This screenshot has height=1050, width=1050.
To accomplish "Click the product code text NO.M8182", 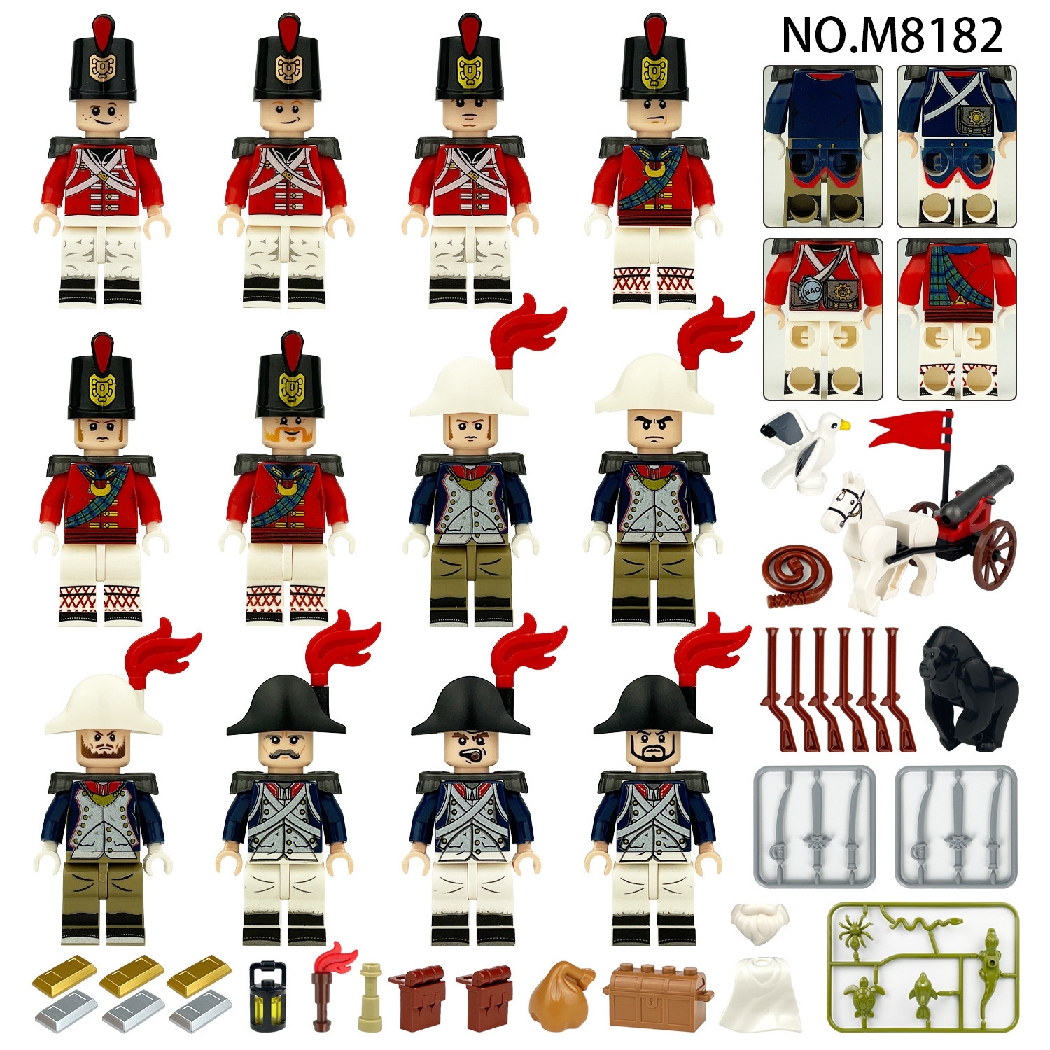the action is point(892,35).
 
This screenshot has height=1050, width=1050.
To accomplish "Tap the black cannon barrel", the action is point(976,494).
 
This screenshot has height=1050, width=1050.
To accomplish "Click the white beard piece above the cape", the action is point(759,923).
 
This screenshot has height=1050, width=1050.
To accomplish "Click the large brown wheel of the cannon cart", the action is point(993,554).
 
